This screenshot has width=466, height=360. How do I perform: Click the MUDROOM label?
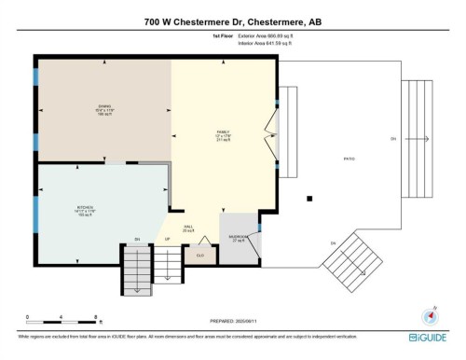tap(238, 238)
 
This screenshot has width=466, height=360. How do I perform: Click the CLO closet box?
tap(199, 252)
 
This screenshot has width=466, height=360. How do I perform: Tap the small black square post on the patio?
tap(308, 198)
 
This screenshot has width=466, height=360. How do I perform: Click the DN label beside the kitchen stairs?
tap(137, 240)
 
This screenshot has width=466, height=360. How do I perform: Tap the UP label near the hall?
tap(168, 240)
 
